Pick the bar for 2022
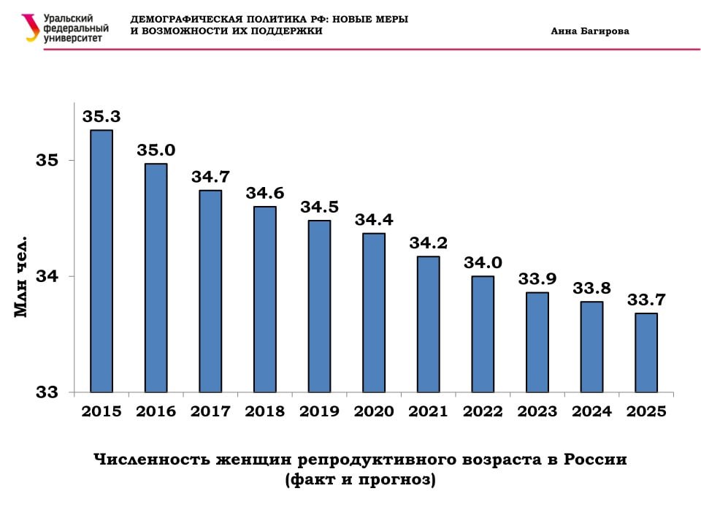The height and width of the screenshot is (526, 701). tap(483, 334)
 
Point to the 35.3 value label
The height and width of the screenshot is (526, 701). tap(101, 116)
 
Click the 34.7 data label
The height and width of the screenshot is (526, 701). tap(210, 177)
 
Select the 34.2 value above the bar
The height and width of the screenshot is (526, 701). tap(428, 243)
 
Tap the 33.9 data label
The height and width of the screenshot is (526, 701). tap(537, 278)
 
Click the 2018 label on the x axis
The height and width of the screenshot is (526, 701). tap(265, 411)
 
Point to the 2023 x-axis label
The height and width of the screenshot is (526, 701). tap(537, 411)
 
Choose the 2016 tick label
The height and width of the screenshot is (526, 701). tap(156, 411)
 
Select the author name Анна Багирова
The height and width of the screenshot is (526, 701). tap(590, 31)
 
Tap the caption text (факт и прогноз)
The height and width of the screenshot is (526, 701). tap(360, 481)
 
